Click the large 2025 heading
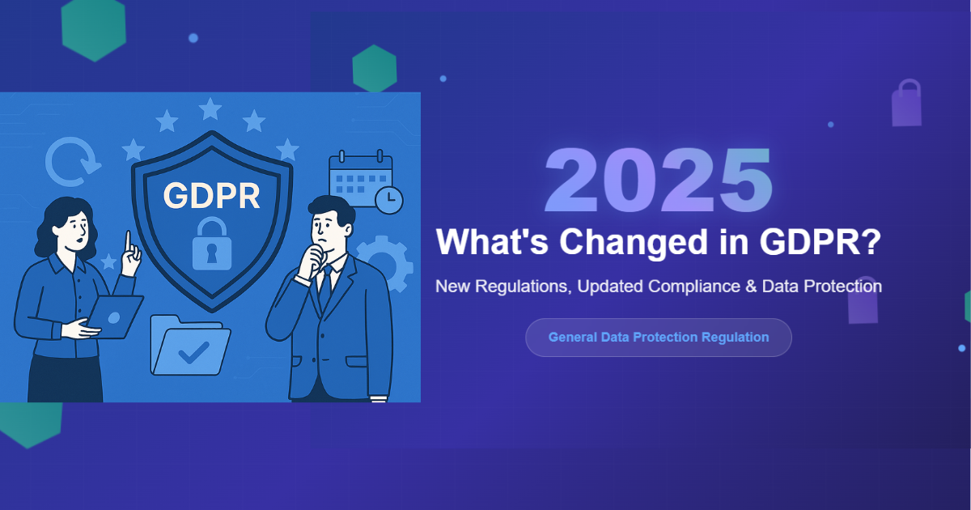tap(659, 180)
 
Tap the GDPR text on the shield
tap(211, 196)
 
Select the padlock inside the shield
tap(211, 244)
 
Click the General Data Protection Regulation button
tap(659, 338)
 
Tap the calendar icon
tap(361, 178)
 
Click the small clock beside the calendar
tap(389, 200)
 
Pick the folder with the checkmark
tap(190, 346)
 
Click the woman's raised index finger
tap(129, 242)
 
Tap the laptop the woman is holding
tap(117, 317)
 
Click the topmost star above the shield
tap(210, 108)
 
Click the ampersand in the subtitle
tap(751, 287)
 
